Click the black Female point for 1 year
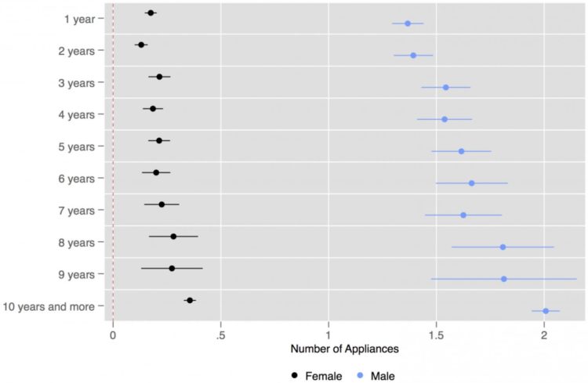click(151, 13)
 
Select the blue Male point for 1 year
click(408, 23)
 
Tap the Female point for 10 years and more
click(190, 300)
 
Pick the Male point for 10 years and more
click(546, 311)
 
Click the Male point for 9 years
click(503, 279)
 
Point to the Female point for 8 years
click(173, 237)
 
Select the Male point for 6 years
click(472, 183)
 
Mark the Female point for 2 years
click(141, 45)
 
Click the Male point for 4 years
click(445, 119)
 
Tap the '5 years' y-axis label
click(76, 146)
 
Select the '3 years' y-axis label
click(76, 82)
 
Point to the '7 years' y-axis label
click(76, 211)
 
